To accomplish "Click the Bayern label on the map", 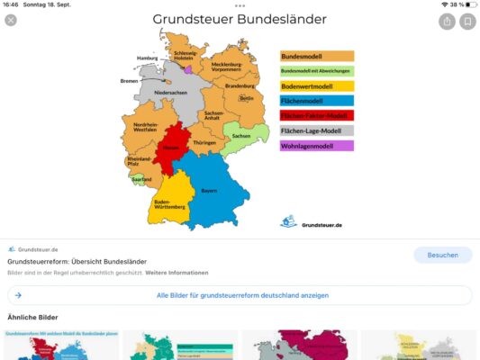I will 209,191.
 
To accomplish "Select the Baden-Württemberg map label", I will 169,204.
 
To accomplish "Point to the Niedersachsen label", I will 170,93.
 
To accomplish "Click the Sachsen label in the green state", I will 240,137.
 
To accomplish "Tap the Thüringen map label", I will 204,143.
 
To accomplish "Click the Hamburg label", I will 147,58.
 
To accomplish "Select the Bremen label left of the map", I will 130,80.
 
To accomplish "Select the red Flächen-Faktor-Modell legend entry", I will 316,115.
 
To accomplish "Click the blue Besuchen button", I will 442,255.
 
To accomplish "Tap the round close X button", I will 11,21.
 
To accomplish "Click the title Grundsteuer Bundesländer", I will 240,19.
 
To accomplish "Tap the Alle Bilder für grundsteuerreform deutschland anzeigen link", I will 242,295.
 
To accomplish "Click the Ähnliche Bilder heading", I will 33,318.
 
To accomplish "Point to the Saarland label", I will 141,179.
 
